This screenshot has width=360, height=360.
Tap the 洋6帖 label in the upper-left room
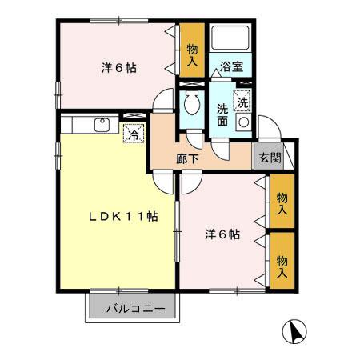[118, 68]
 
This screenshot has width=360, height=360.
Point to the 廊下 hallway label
[187, 158]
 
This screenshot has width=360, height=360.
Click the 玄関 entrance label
[269, 158]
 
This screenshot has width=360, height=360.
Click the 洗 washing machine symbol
[242, 102]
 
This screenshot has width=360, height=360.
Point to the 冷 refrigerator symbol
[133, 134]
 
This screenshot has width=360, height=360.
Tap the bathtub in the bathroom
[231, 40]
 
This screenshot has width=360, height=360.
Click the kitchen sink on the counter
[102, 124]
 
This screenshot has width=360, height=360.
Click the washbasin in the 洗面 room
[243, 125]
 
